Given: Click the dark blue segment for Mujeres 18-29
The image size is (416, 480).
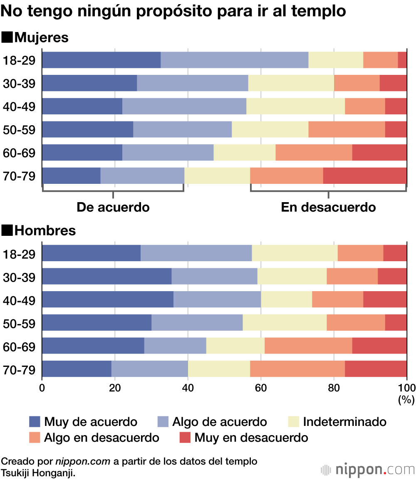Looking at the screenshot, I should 101,60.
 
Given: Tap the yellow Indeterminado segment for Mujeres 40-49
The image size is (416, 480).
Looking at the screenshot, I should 295,106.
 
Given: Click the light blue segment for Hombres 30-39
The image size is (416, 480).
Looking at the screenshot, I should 214,276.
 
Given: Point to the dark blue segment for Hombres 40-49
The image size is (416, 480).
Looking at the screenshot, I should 107,299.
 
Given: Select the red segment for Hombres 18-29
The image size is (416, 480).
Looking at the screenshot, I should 395,253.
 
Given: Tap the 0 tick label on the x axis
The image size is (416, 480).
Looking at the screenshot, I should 42,388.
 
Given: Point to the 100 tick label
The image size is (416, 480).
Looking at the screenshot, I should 406,388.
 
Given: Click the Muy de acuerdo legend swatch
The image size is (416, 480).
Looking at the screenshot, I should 35,422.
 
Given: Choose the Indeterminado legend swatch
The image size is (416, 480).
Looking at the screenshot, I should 294,422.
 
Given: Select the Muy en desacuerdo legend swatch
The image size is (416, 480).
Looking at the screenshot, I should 185,438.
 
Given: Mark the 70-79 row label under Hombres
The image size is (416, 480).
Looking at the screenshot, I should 19,369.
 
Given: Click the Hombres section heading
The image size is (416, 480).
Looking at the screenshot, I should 39,230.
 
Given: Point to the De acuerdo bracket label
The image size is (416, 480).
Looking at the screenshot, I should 113,207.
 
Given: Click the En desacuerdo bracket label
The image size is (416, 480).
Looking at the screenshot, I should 328,207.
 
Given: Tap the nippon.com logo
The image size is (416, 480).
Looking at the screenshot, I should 368,470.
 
